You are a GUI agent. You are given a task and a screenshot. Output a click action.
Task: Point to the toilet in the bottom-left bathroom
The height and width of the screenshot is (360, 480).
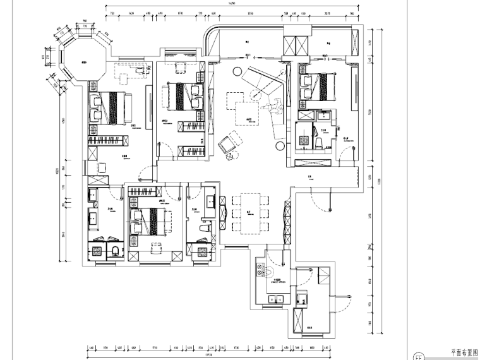(114, 251)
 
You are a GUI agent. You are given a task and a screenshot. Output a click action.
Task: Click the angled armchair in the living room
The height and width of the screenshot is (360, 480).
(229, 144)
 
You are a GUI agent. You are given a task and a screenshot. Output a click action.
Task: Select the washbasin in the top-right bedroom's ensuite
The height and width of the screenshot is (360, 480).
(324, 116)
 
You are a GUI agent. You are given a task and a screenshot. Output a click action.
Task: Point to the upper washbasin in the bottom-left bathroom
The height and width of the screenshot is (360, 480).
(93, 197)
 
